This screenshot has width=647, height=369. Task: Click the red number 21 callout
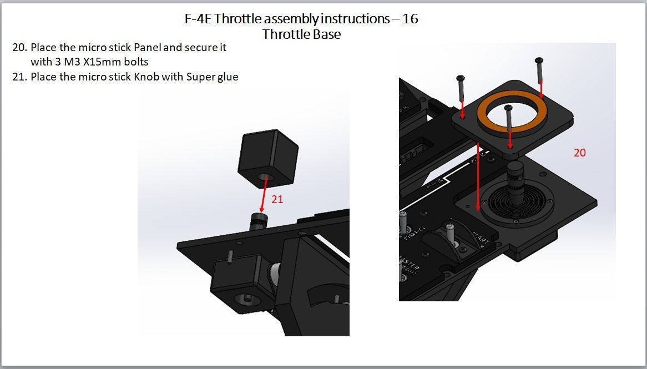[x=277, y=199]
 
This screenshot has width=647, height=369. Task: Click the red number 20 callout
[x=579, y=153]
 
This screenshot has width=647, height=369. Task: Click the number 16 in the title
[x=410, y=19]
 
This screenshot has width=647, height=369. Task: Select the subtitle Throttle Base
[x=301, y=34]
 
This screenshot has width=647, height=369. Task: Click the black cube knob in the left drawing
[x=269, y=158]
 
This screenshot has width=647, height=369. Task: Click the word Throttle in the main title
[x=237, y=19]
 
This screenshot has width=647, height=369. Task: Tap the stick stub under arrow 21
[x=257, y=221]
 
